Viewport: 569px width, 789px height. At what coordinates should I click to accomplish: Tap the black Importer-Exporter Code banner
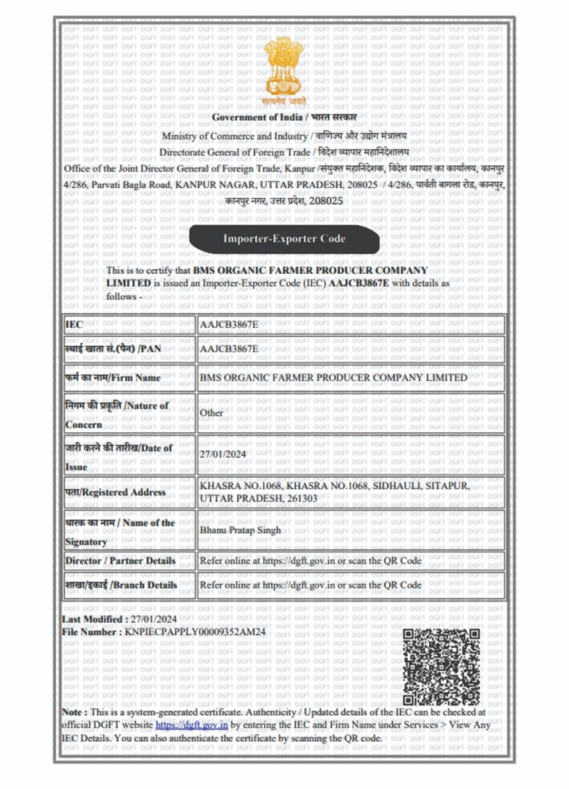coord(284,239)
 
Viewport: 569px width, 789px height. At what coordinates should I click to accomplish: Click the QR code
coord(441,666)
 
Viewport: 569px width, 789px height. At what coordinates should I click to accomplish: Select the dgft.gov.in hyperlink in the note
coord(191,725)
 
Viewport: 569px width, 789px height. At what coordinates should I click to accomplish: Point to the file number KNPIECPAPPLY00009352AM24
coord(195,632)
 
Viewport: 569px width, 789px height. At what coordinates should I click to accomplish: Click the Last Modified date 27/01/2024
coord(154,619)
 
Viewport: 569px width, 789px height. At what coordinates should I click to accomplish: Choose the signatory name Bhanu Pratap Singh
coord(240,530)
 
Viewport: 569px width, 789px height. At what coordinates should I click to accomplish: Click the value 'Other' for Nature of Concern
coord(212,413)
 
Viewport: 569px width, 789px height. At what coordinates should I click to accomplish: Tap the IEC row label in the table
coord(74,325)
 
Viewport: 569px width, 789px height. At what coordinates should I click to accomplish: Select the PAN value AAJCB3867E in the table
coord(229,348)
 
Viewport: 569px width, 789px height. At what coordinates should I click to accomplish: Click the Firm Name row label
coord(112,378)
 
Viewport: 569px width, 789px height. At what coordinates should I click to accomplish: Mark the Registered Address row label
coord(115,492)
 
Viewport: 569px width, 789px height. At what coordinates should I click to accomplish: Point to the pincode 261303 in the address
coord(302,499)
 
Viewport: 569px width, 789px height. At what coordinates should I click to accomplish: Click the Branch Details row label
coord(121,585)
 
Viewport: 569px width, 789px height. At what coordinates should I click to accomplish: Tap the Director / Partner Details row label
coord(120,561)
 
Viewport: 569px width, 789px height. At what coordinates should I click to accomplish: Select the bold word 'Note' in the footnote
coord(72,712)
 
